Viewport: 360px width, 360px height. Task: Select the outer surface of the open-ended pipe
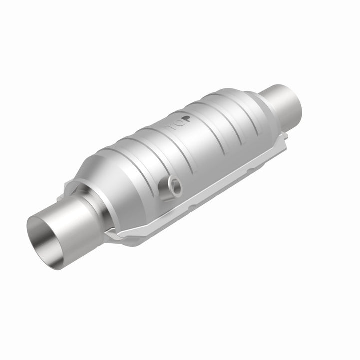point(75,220)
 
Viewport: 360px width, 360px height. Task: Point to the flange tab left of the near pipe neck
point(70,190)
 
